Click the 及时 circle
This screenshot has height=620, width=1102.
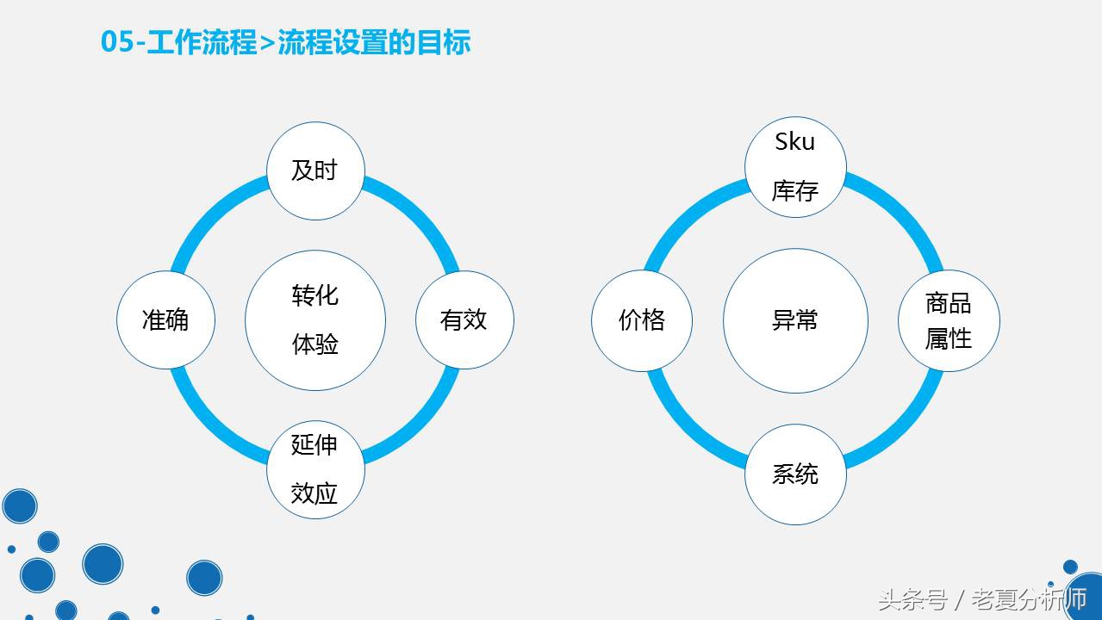point(315,170)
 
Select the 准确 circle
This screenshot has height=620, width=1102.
point(165,320)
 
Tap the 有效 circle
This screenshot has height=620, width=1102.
point(465,320)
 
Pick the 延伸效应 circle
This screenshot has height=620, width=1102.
point(315,469)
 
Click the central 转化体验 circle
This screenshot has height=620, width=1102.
point(315,320)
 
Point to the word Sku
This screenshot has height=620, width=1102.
point(795,141)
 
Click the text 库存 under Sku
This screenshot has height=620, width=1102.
point(795,191)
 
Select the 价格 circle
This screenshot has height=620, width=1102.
point(642,320)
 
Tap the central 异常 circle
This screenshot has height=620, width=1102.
point(795,320)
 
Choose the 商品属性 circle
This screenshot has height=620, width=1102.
point(949,320)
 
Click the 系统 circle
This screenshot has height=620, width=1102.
point(795,474)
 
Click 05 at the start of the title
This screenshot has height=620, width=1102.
point(117,42)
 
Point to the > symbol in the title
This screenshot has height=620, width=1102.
point(267,43)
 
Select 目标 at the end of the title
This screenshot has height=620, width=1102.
point(443,42)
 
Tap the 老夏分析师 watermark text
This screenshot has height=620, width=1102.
point(1029,600)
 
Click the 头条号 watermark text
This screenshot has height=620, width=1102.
point(913,600)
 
